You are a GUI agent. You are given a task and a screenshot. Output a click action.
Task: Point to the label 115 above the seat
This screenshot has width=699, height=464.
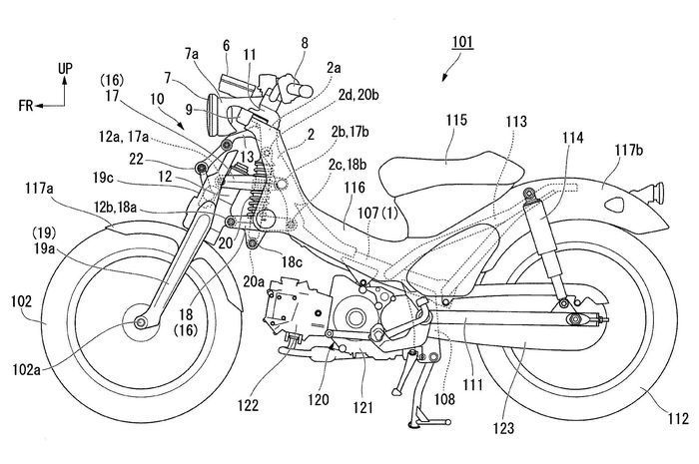(x=455, y=119)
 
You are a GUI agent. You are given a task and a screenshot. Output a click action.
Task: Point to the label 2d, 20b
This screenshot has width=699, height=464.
(x=334, y=122)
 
